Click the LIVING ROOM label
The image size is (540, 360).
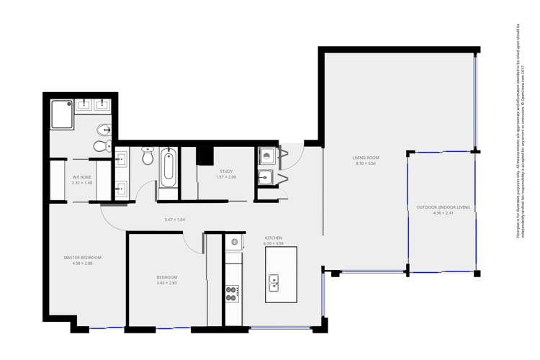point(366,158)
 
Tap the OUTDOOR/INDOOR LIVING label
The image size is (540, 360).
point(443,207)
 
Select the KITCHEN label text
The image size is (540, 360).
point(274,238)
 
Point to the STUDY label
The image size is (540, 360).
point(226,171)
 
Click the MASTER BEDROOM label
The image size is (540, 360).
point(82,258)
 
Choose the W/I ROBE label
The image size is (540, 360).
point(81,177)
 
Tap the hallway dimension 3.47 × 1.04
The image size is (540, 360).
point(175,220)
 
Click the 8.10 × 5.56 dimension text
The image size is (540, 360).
point(366,163)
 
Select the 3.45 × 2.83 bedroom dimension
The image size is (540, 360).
point(166,283)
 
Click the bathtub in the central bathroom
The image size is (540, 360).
point(168,167)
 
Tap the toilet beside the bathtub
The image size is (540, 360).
point(148,156)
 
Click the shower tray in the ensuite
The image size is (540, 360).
point(62,114)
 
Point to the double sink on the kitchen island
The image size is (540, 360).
point(274,283)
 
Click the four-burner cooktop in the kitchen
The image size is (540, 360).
point(232,294)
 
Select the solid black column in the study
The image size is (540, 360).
point(205,156)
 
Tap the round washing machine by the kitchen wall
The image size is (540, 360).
point(233,243)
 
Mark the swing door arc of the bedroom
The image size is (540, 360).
point(192,244)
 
